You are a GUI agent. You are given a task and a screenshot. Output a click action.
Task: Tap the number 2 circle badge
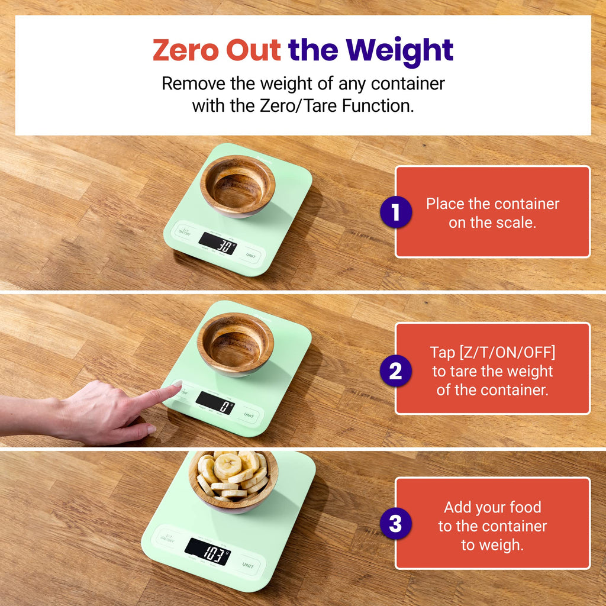click(395, 372)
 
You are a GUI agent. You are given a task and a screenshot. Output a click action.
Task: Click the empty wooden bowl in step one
click(237, 185)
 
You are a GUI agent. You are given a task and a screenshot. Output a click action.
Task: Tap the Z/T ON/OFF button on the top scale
click(185, 231)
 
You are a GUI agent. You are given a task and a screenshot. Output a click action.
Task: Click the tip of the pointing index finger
click(176, 385)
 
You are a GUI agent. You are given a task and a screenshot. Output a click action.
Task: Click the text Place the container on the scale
click(492, 213)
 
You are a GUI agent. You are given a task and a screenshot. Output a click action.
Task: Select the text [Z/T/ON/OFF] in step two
click(492, 353)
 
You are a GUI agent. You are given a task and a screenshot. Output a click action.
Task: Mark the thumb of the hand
click(139, 427)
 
